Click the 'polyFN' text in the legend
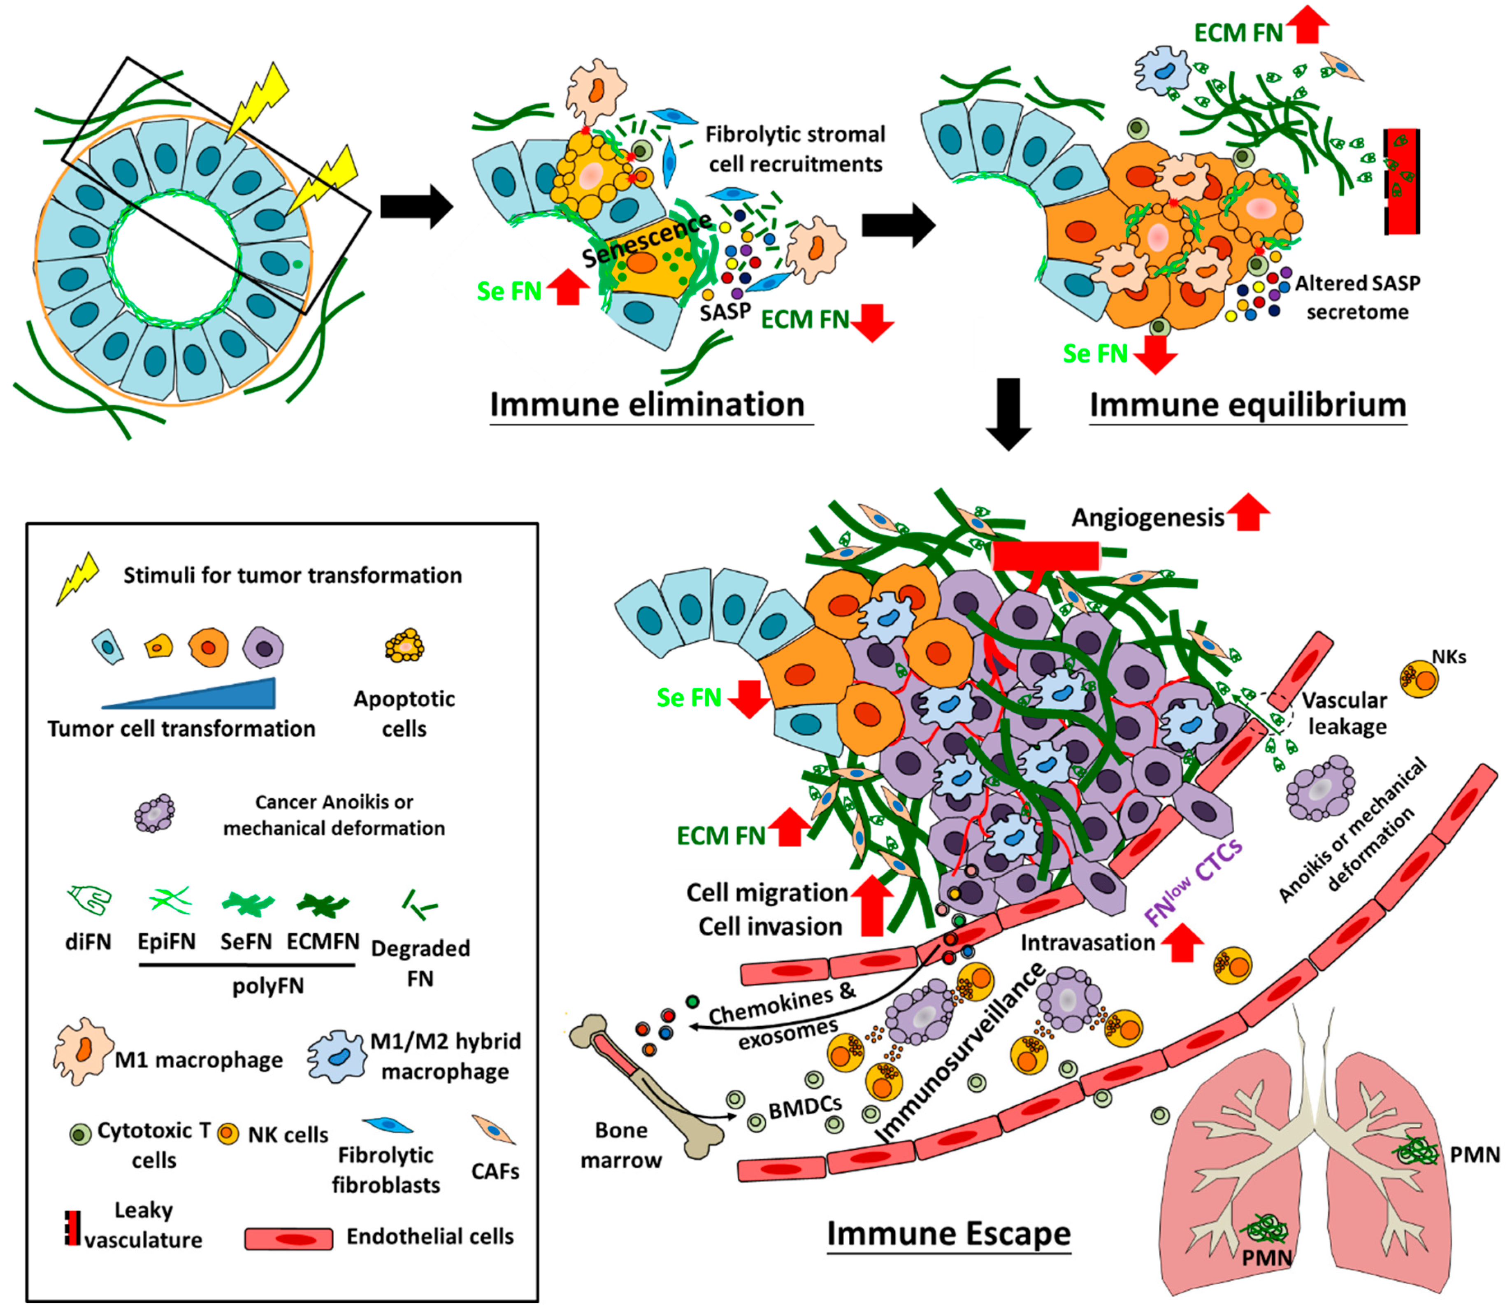(268, 986)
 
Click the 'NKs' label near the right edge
(1449, 657)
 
